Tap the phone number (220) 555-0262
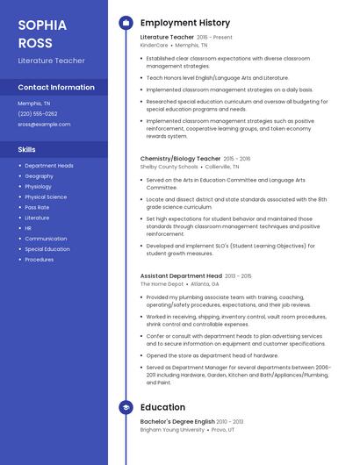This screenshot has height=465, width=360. click(x=38, y=113)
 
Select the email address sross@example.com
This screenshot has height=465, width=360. click(x=44, y=124)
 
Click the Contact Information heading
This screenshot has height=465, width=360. click(x=56, y=88)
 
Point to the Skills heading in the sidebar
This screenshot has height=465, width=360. click(x=27, y=150)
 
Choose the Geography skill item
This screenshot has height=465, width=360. click(x=40, y=176)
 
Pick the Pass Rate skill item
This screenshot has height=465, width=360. click(x=38, y=207)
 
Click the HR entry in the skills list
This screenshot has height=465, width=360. click(x=28, y=228)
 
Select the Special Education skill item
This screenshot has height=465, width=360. click(x=47, y=249)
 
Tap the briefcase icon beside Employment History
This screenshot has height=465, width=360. click(x=126, y=23)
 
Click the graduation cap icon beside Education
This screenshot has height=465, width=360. click(x=126, y=407)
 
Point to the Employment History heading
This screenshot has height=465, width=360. click(x=184, y=23)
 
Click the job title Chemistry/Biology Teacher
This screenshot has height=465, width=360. click(x=180, y=159)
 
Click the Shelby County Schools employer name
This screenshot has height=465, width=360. click(x=169, y=166)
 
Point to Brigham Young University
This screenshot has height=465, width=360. click(x=172, y=430)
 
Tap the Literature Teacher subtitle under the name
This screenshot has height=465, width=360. click(x=52, y=61)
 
